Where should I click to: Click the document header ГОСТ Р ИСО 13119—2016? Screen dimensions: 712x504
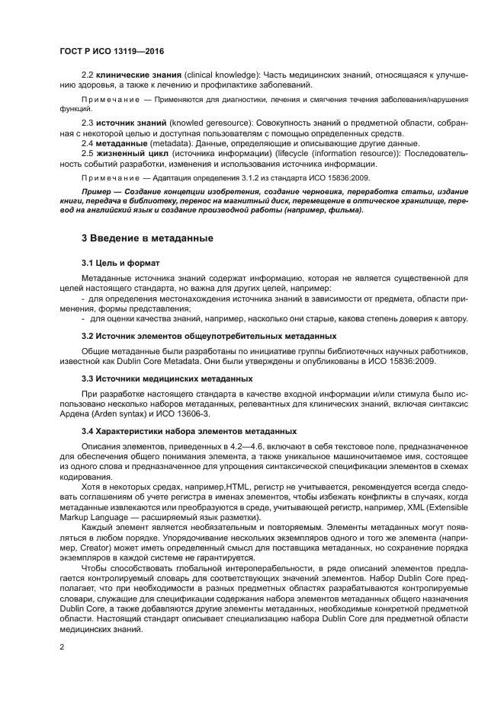[111, 51]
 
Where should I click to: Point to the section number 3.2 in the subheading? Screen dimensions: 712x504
[88, 335]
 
